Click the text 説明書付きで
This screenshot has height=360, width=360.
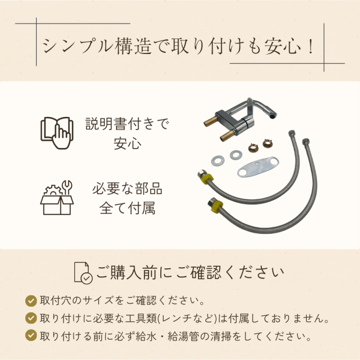[127, 123]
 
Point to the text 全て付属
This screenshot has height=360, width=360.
[127, 208]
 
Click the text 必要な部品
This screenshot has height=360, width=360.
[127, 188]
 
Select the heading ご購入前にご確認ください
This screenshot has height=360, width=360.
[190, 273]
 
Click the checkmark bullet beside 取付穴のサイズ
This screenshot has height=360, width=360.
[31, 299]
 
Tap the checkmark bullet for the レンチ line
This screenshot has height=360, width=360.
[31, 318]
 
